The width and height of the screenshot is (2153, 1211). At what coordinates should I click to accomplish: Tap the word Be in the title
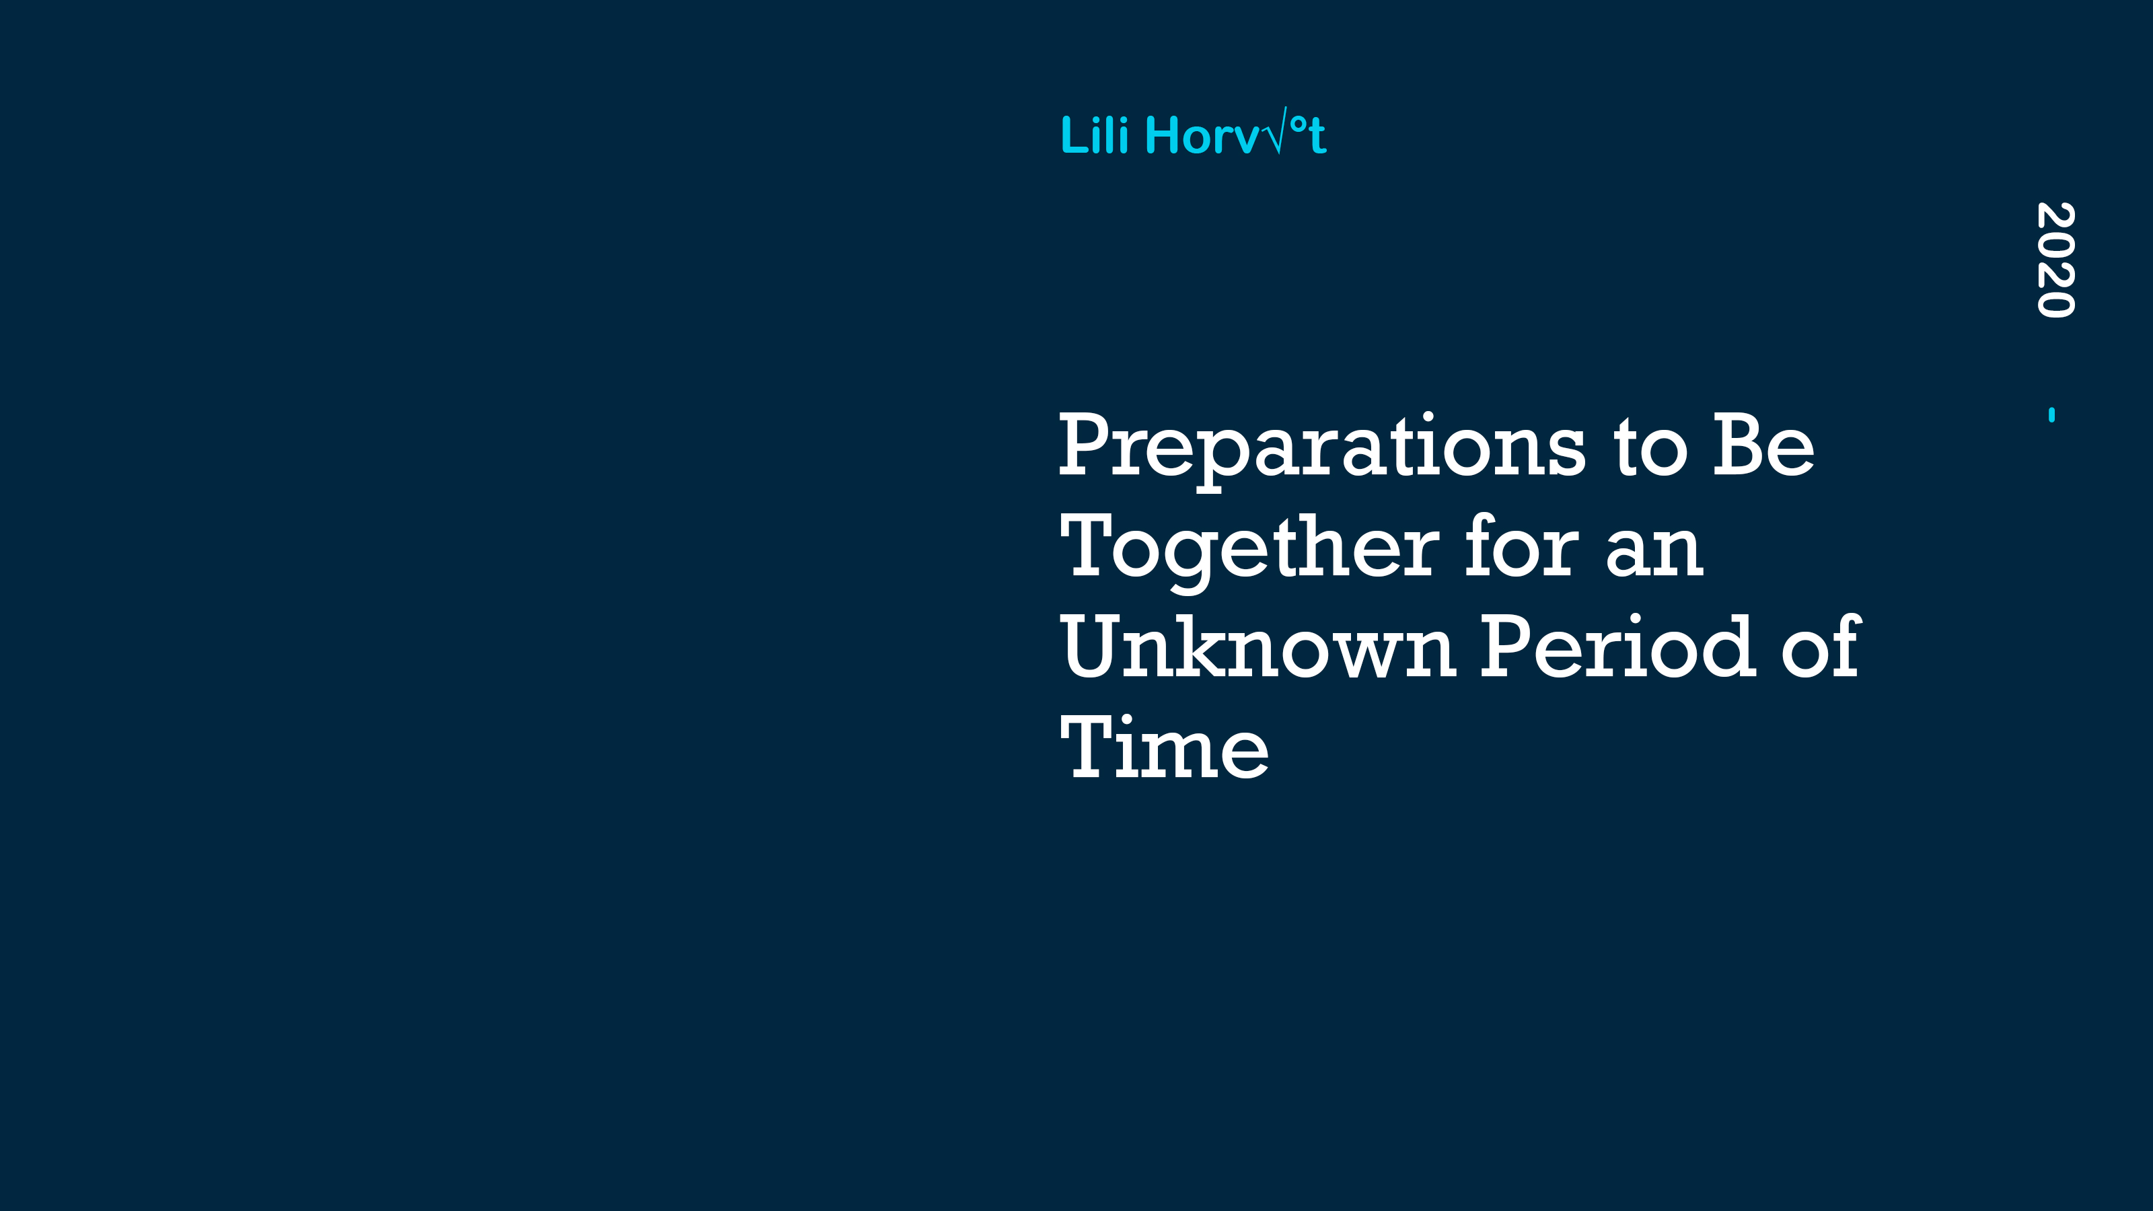click(1763, 445)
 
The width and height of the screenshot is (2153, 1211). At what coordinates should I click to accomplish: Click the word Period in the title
click(1618, 645)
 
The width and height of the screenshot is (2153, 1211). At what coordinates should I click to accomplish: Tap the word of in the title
click(1821, 645)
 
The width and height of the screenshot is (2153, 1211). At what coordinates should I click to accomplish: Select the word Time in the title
click(1164, 746)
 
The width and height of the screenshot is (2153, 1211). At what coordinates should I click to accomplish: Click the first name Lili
click(1095, 135)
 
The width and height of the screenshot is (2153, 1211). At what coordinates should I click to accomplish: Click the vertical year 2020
click(2055, 260)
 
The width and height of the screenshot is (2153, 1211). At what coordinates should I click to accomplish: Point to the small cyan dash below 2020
click(2052, 414)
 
